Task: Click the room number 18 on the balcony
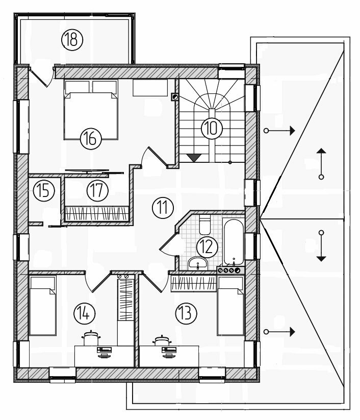72,40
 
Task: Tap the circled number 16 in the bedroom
91,139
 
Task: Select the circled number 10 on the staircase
212,128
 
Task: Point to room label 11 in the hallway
163,208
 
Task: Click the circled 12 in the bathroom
207,247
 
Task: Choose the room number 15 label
44,191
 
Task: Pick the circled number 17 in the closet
97,190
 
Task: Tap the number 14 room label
84,313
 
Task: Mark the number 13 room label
186,313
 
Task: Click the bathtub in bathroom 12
234,241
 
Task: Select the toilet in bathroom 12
205,225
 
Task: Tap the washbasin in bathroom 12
197,263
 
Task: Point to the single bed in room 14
42,306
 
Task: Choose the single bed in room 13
230,306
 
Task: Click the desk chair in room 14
92,338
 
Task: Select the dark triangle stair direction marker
194,158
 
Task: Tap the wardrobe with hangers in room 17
96,214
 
